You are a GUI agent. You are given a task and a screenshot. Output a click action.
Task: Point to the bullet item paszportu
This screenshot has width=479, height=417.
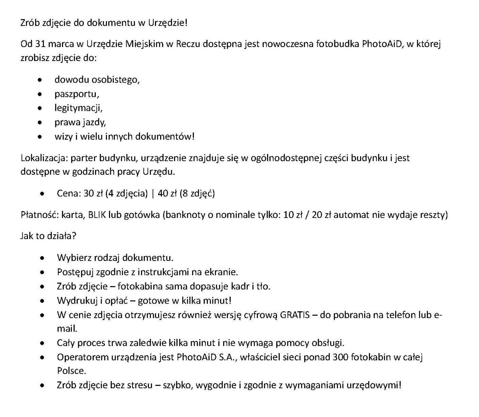pos(77,94)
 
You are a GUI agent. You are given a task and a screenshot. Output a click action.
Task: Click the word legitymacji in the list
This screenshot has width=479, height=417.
pos(78,108)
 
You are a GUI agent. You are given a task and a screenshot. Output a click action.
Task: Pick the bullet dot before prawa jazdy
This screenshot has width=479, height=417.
pos(40,123)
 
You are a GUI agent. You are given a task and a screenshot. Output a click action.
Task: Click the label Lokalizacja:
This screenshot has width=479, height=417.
pos(45,158)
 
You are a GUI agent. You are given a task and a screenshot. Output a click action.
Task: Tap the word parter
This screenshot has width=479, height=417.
pos(83,158)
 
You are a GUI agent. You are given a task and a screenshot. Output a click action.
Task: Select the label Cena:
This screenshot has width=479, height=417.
pos(69,194)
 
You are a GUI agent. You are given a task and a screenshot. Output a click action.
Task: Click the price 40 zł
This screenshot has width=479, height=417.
pos(167,194)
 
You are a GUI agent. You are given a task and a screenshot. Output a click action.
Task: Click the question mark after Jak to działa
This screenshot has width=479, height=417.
pos(74,236)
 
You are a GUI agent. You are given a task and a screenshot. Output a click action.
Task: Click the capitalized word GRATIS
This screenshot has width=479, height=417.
pos(295,315)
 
